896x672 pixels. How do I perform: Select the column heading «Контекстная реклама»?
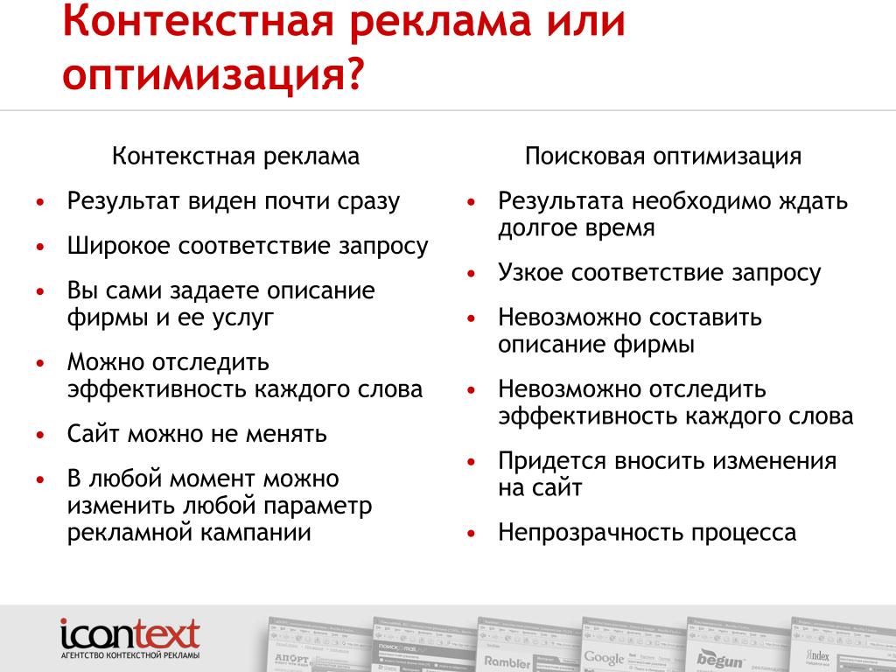click(235, 156)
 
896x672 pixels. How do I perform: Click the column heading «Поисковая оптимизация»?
click(663, 156)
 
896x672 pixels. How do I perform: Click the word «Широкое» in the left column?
click(118, 247)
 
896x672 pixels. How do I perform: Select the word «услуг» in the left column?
click(243, 318)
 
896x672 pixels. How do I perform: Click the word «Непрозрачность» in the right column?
click(591, 533)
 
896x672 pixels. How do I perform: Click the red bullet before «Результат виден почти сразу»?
click(40, 202)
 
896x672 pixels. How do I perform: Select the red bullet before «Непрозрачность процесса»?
click(471, 534)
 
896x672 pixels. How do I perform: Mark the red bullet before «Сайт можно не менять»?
click(40, 435)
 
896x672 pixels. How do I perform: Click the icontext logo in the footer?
click(130, 638)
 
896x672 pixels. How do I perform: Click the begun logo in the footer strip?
click(720, 659)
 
